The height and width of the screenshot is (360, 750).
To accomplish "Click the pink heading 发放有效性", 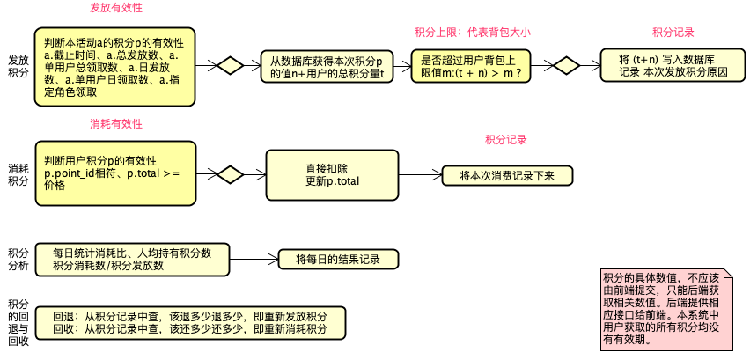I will pyautogui.click(x=116, y=8).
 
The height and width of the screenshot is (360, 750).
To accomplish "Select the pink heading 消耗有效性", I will pyautogui.click(x=116, y=122).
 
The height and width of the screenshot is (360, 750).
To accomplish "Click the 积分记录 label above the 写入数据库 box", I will pyautogui.click(x=673, y=32).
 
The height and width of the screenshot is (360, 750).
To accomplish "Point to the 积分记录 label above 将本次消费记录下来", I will pyautogui.click(x=506, y=140).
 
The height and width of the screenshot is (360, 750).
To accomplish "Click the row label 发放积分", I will pyautogui.click(x=18, y=66).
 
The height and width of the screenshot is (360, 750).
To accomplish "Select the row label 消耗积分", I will pyautogui.click(x=18, y=174).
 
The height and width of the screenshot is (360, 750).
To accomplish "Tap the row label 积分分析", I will pyautogui.click(x=18, y=259).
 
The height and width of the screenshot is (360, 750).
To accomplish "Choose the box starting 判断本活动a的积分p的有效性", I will pyautogui.click(x=114, y=67).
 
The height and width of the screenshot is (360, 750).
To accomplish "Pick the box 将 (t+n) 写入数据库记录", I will pyautogui.click(x=673, y=67).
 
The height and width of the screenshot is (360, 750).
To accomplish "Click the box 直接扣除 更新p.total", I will pyautogui.click(x=327, y=174).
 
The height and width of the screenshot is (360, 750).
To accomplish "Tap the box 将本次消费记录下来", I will pyautogui.click(x=507, y=175).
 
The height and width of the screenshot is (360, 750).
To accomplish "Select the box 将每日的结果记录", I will pyautogui.click(x=337, y=260).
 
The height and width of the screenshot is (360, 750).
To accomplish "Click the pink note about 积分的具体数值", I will pyautogui.click(x=665, y=307).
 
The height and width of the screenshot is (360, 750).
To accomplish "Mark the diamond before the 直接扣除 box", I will pyautogui.click(x=230, y=174).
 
